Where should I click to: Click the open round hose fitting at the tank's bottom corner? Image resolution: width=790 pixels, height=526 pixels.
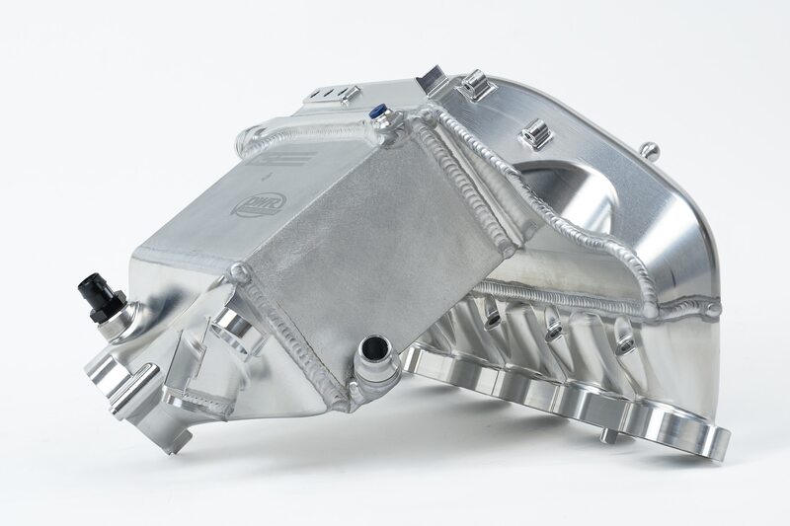click(376, 351)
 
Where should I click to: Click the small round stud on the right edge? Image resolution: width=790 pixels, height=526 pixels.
click(649, 150)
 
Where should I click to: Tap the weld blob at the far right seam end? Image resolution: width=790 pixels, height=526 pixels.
click(711, 309)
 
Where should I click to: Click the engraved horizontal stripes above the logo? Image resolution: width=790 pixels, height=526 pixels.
click(294, 159)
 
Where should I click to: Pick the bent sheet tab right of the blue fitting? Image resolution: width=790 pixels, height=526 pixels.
click(433, 80)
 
